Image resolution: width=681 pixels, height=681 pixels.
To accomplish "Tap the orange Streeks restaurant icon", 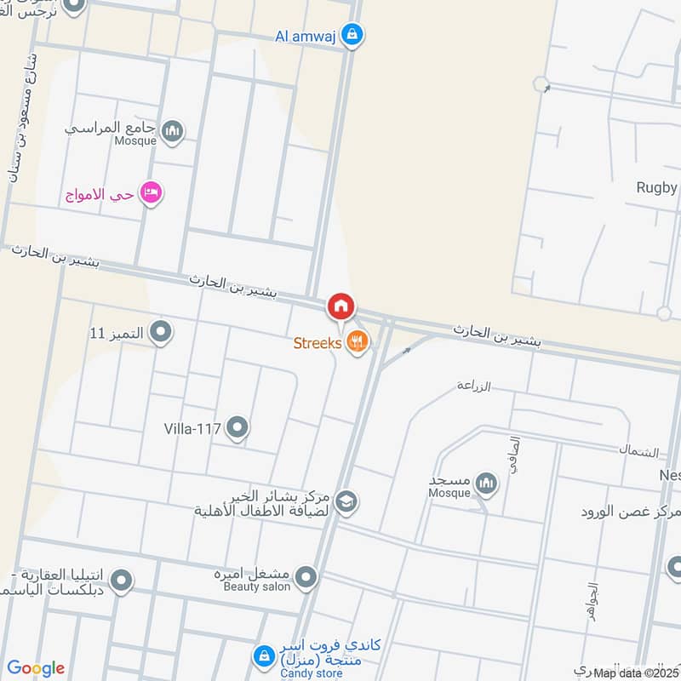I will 358,343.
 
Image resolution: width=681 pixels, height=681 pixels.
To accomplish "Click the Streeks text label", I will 318,343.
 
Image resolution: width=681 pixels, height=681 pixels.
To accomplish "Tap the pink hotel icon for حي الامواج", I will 152,193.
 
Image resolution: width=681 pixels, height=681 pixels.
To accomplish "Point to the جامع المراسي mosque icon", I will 173,130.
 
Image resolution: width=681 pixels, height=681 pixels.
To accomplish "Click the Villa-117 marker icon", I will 237,428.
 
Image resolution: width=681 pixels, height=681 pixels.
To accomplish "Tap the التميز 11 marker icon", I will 160,331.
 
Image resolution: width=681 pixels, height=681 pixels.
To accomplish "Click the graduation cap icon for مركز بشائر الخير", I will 345,502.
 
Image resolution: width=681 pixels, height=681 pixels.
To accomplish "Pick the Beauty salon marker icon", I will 307,579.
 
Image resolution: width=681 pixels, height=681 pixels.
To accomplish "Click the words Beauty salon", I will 257,586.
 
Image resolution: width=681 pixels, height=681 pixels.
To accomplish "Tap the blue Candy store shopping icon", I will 263,656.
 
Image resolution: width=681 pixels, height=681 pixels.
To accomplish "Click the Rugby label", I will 657,188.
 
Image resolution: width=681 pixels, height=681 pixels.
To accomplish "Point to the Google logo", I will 36,668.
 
